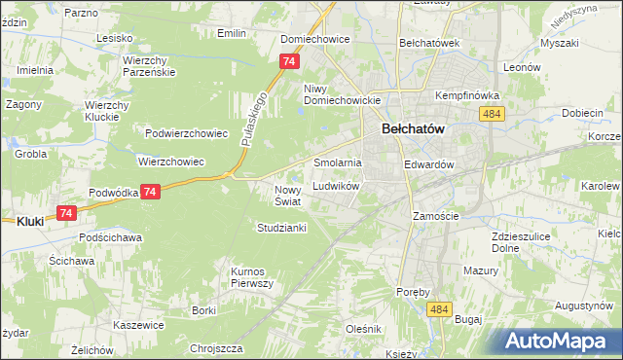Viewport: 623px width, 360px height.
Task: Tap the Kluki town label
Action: (x=29, y=222)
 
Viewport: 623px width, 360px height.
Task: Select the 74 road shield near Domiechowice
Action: (x=287, y=61)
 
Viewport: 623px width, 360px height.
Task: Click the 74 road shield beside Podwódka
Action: (x=149, y=193)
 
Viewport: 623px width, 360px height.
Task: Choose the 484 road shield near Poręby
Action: (x=438, y=308)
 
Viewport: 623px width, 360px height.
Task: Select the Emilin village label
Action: (x=231, y=33)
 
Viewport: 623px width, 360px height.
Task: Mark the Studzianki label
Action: (x=281, y=228)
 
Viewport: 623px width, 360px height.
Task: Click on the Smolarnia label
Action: (x=337, y=162)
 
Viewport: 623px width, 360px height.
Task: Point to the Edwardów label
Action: (x=429, y=165)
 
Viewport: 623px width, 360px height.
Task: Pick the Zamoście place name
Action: (x=434, y=216)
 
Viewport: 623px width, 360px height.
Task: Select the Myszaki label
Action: (x=560, y=44)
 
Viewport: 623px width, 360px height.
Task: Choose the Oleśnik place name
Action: (x=363, y=329)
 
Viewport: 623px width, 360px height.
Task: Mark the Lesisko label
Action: (x=114, y=38)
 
